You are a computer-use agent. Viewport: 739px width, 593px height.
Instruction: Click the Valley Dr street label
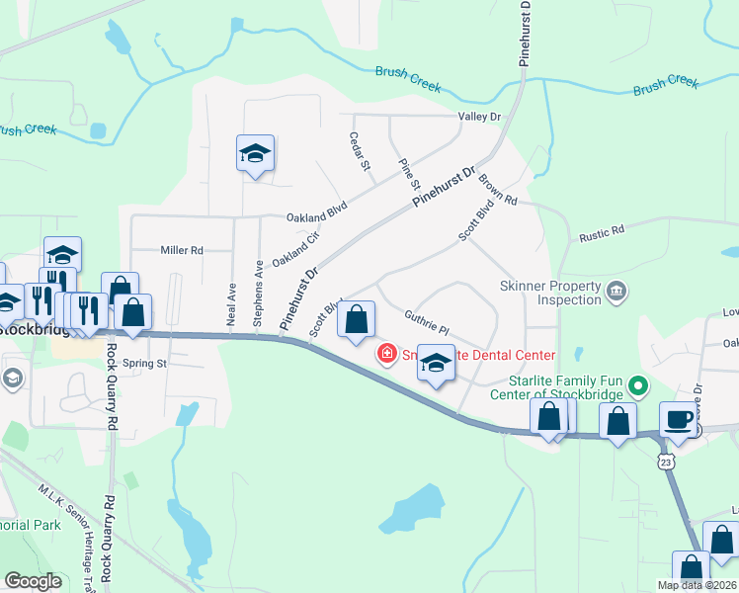tap(480, 117)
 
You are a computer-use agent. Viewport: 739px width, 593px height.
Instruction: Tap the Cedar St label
tap(361, 152)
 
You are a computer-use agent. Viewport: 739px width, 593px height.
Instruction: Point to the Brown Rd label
tap(498, 190)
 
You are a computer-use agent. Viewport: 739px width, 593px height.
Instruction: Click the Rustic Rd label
tap(602, 230)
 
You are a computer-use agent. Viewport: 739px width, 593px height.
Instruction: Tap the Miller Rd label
tap(182, 250)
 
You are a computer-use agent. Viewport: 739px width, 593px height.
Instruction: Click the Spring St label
tap(145, 364)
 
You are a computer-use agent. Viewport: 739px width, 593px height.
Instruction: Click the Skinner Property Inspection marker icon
tap(617, 292)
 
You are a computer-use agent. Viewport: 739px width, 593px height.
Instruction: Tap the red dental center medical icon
tap(386, 354)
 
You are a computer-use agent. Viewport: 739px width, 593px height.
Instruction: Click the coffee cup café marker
tap(678, 419)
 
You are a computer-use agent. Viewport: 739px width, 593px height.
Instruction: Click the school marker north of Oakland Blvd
tap(255, 154)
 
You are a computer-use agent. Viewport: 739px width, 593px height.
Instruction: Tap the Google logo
tap(34, 581)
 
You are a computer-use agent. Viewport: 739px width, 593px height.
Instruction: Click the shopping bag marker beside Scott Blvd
tap(356, 319)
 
